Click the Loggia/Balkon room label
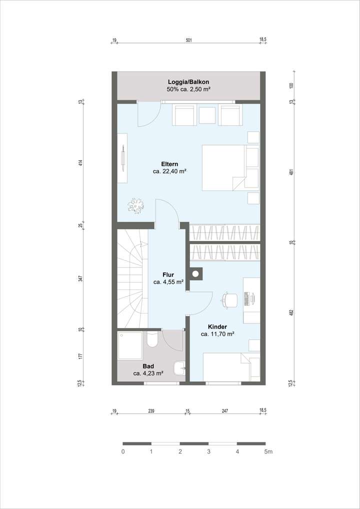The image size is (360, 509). point(188,82)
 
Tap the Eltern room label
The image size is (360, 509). point(169,164)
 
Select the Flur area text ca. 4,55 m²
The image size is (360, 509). point(168,282)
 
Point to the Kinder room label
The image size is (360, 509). point(217,326)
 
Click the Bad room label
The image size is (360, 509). point(148,366)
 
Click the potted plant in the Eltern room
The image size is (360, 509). point(135,203)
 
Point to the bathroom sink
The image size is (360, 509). point(179,368)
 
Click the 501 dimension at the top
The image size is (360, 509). point(188,39)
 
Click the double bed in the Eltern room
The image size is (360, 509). point(223,167)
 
